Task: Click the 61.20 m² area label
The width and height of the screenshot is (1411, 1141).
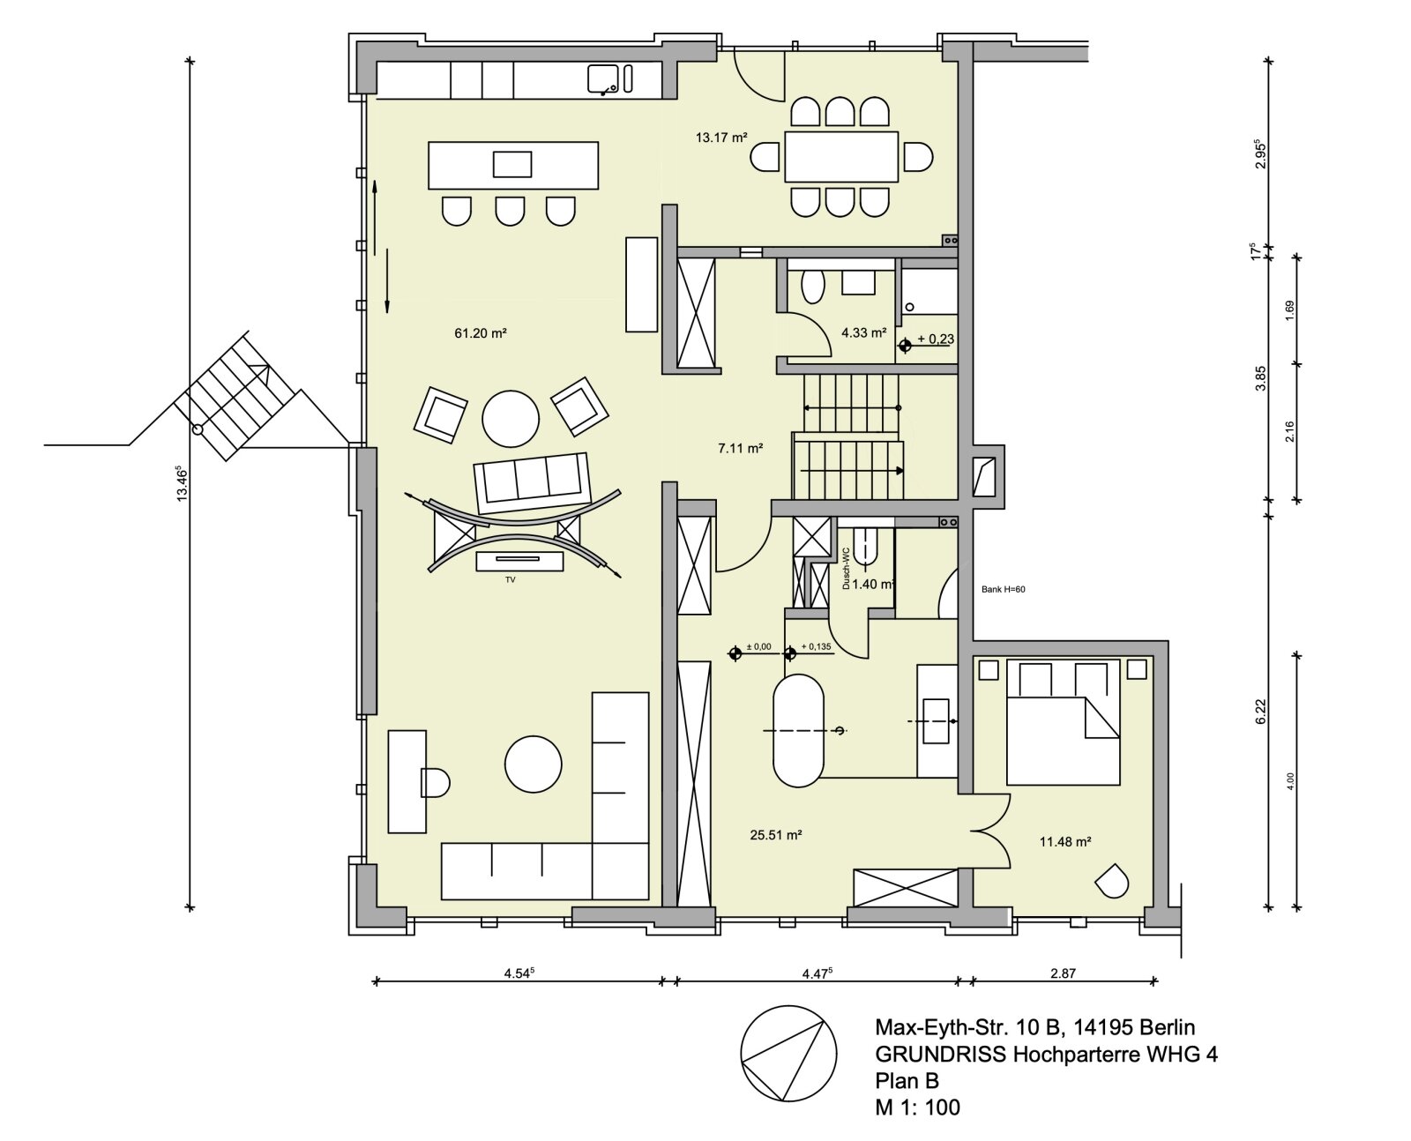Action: (480, 333)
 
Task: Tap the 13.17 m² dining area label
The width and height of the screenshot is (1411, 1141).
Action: (721, 138)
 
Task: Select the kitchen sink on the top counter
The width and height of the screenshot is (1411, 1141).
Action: (604, 78)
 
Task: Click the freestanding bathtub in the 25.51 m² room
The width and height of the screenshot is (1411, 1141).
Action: (798, 731)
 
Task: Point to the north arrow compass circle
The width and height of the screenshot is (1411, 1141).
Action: (788, 1054)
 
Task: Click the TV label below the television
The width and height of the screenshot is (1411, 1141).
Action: (510, 580)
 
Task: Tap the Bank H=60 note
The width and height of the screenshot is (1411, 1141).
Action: (1004, 590)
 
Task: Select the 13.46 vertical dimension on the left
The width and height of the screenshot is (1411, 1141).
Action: (182, 483)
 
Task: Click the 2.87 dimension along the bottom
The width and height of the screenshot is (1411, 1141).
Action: (1063, 973)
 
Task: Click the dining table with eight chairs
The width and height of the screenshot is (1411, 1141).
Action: (841, 157)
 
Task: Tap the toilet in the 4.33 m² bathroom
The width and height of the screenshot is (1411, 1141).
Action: (812, 287)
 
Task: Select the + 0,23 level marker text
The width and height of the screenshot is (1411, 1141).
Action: (935, 339)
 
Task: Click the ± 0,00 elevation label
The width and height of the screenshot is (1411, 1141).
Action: (758, 647)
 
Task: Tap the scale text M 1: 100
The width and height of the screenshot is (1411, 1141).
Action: (917, 1107)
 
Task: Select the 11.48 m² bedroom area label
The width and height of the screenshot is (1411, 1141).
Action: (1065, 842)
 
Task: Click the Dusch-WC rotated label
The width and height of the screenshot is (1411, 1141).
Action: (846, 568)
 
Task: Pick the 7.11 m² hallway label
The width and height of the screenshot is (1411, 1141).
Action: (740, 448)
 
